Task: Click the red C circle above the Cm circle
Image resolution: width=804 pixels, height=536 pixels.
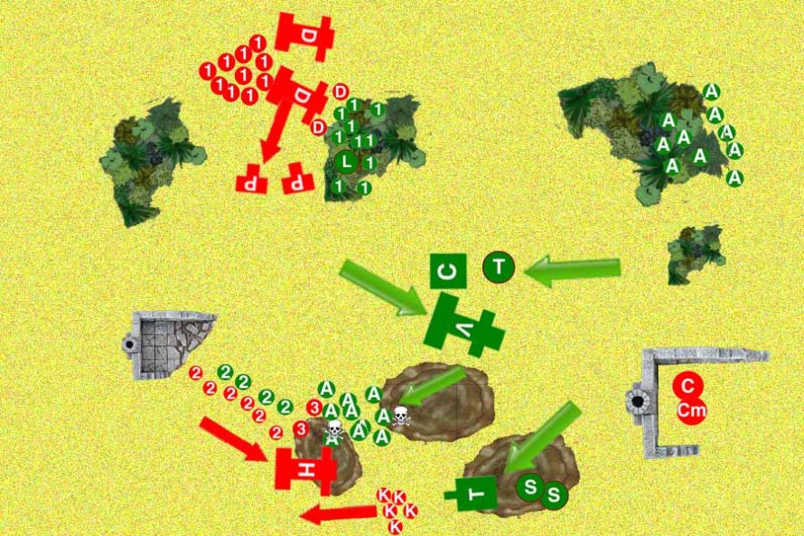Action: point(687,386)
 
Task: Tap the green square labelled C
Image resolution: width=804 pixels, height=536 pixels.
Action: point(449,270)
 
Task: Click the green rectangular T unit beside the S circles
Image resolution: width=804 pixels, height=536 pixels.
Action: point(477,493)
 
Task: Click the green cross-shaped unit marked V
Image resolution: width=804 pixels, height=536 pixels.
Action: point(463,329)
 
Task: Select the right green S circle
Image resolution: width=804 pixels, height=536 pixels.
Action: point(554,494)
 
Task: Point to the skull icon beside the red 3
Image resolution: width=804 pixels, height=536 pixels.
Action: point(332,428)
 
